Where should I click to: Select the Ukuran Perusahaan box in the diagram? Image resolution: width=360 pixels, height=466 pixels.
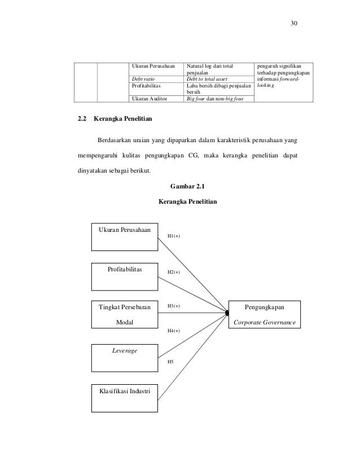[125, 237]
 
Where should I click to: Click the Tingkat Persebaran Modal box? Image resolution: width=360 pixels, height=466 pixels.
[125, 314]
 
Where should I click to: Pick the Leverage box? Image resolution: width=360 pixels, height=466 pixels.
[125, 357]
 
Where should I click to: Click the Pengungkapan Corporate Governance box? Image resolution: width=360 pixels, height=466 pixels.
[264, 314]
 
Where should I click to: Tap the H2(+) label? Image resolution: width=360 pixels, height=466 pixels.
[174, 272]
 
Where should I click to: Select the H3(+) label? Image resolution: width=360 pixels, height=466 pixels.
[174, 306]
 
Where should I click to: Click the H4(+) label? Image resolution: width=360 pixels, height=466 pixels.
[174, 331]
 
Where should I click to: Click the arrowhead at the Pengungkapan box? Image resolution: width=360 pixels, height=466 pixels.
[227, 311]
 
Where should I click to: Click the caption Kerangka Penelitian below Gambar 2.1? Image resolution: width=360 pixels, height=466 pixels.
[188, 201]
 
